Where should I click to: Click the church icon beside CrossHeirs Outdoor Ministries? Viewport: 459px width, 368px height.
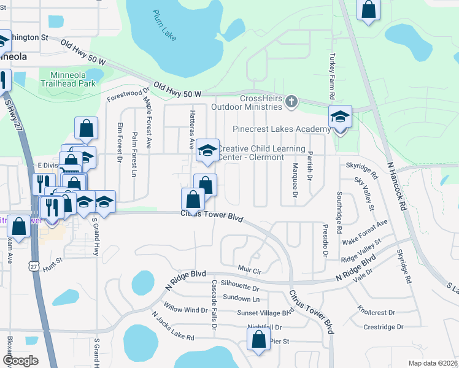(x=291, y=102)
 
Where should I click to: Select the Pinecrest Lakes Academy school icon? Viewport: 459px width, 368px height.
(x=340, y=117)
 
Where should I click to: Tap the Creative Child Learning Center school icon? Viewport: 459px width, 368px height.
(x=207, y=150)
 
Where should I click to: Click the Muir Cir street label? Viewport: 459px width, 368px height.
(x=249, y=270)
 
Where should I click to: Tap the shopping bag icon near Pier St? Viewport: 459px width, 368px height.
(x=258, y=339)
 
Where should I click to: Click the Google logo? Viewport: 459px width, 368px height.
(x=20, y=361)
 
